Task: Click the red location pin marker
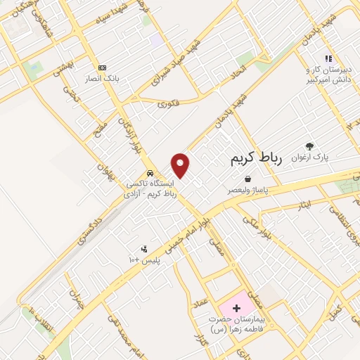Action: pos(181,165)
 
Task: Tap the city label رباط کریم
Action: pos(255,160)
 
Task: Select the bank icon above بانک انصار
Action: pos(103,67)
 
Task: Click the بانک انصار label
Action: pos(103,78)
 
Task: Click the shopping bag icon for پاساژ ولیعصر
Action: pos(246,179)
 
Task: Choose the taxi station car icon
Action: pos(149,173)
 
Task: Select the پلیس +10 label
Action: pos(144,260)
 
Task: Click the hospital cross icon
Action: pos(236,308)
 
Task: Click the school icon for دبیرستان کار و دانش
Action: pos(327,59)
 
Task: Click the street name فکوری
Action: pos(168,103)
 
